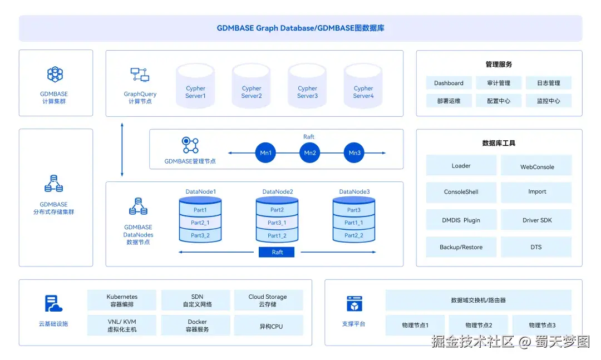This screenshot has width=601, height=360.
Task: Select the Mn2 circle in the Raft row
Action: click(x=310, y=153)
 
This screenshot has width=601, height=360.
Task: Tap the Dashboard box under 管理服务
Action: click(x=449, y=83)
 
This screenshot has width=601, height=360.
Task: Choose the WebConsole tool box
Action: click(x=536, y=166)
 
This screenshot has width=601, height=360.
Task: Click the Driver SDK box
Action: click(x=536, y=220)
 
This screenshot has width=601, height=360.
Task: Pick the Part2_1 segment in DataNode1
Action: click(x=200, y=223)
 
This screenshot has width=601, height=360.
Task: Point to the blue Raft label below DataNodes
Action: click(x=277, y=252)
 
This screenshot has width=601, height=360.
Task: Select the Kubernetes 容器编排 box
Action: click(x=122, y=300)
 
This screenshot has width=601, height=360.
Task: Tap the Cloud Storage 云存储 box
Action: click(x=268, y=300)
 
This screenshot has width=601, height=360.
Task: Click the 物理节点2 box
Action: click(x=479, y=325)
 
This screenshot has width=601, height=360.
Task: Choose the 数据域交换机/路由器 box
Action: click(x=478, y=300)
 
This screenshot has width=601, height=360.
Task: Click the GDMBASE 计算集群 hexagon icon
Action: click(x=55, y=74)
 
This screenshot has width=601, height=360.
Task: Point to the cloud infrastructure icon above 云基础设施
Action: click(x=53, y=303)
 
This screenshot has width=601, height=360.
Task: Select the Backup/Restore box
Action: click(x=461, y=247)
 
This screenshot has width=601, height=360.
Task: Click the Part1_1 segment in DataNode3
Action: click(x=353, y=223)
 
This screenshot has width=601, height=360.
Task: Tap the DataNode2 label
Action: click(x=278, y=192)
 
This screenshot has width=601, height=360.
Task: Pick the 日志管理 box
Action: click(x=548, y=83)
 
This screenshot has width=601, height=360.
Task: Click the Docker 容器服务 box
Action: click(x=197, y=326)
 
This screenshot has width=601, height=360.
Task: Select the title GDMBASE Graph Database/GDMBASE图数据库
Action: click(x=300, y=28)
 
